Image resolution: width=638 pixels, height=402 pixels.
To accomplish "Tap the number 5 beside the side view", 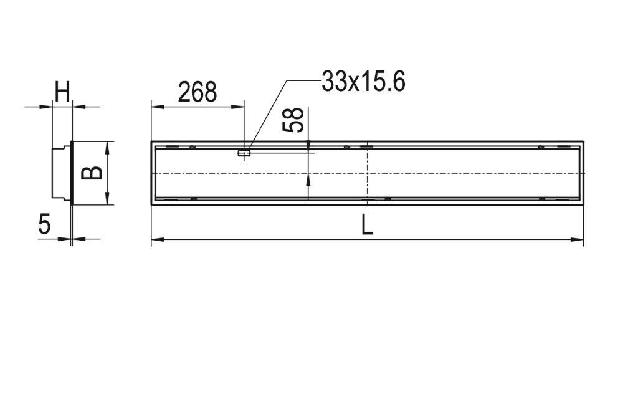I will [44, 224].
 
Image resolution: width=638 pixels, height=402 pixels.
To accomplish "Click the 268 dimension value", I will [197, 92].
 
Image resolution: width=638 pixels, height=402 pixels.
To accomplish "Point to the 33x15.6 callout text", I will [363, 81].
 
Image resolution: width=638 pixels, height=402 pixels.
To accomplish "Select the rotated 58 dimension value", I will [293, 120].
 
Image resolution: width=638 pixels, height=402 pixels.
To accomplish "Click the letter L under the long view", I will [368, 225].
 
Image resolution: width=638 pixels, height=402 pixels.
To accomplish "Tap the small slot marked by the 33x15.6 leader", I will [244, 151].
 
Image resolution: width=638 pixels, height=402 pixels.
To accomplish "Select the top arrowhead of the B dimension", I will [108, 146].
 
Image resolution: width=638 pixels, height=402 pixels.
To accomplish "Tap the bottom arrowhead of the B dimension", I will [108, 199].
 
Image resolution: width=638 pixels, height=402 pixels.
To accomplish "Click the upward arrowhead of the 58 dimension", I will [308, 180].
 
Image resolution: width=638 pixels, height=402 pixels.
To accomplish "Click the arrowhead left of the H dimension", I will [45, 107].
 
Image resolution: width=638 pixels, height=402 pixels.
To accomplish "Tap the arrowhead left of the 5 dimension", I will [65, 238].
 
